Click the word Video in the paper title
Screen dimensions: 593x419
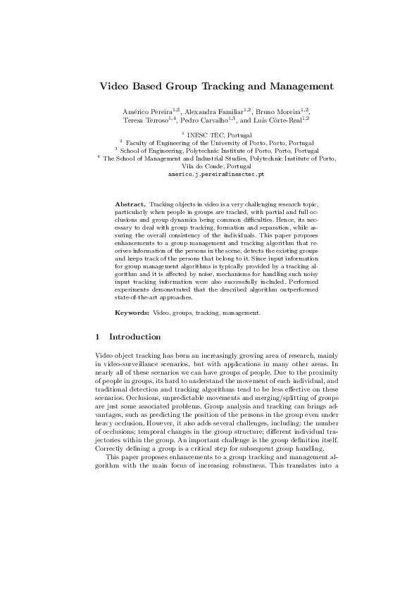[x=114, y=87]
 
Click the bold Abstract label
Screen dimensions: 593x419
[x=130, y=204]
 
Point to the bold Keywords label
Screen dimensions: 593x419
[x=132, y=311]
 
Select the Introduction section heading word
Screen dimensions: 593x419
[x=135, y=337]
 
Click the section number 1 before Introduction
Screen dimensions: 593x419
[x=97, y=337]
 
